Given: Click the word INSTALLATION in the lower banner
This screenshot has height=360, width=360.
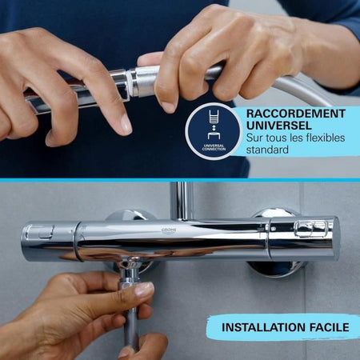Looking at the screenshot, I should click(x=257, y=327).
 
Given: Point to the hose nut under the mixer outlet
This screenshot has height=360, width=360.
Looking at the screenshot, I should click(x=128, y=282).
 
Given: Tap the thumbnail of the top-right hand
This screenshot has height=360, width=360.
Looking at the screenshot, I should click(x=167, y=106).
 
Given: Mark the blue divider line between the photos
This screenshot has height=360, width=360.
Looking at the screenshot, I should click(x=180, y=180).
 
